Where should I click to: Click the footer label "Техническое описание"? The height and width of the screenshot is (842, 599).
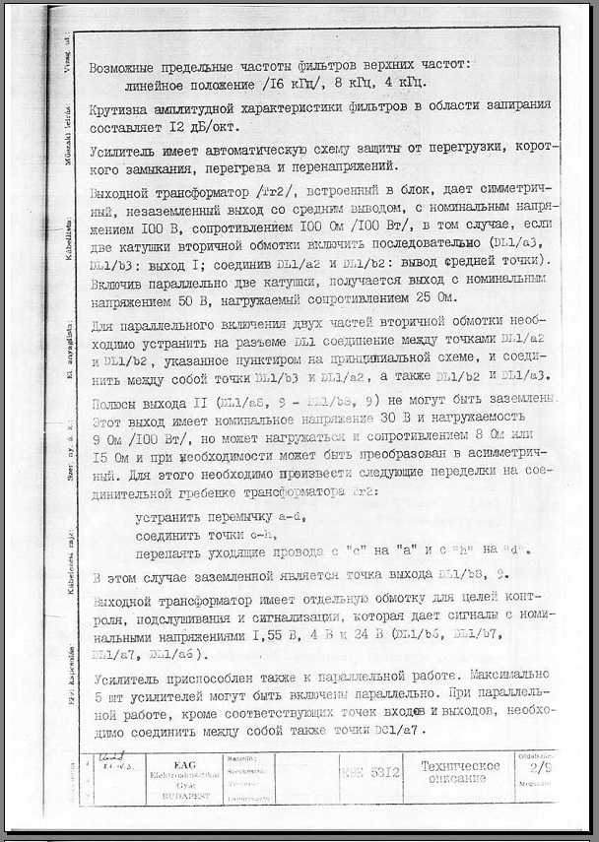pos(461,772)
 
